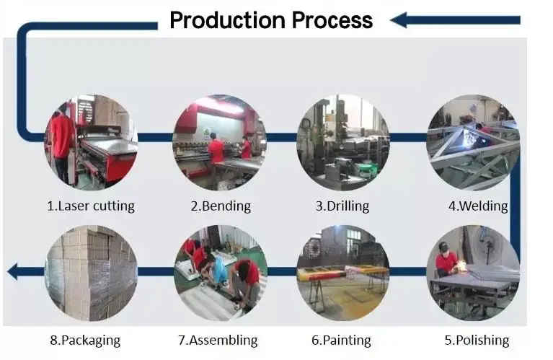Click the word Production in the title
(x=229, y=20)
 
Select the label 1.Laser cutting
(x=91, y=206)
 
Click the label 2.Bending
(x=221, y=206)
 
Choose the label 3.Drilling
(x=342, y=206)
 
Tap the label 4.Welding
(x=478, y=206)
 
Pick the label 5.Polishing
(x=476, y=340)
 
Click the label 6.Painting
(x=341, y=340)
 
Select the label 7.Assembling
(x=218, y=340)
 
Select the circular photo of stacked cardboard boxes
(x=91, y=273)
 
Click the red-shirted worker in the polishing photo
(x=445, y=260)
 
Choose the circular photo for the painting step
(x=342, y=273)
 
